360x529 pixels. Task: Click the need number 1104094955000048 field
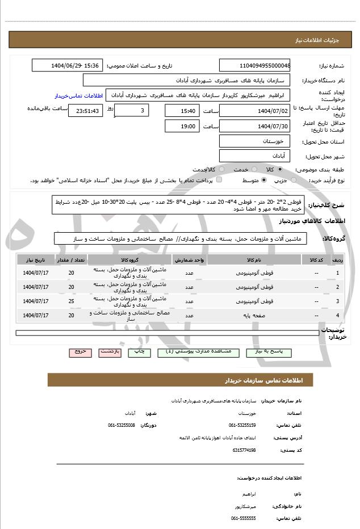pos(255,65)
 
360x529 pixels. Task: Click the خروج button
pos(80,352)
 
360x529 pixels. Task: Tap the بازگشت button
pos(110,352)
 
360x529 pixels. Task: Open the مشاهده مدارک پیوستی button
pos(196,352)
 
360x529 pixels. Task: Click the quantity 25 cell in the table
pos(71,301)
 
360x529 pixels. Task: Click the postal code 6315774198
pos(244,450)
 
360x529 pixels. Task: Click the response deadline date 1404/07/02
pos(255,110)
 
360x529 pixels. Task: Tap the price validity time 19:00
pos(182,126)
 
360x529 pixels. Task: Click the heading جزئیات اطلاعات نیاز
pos(318,41)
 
